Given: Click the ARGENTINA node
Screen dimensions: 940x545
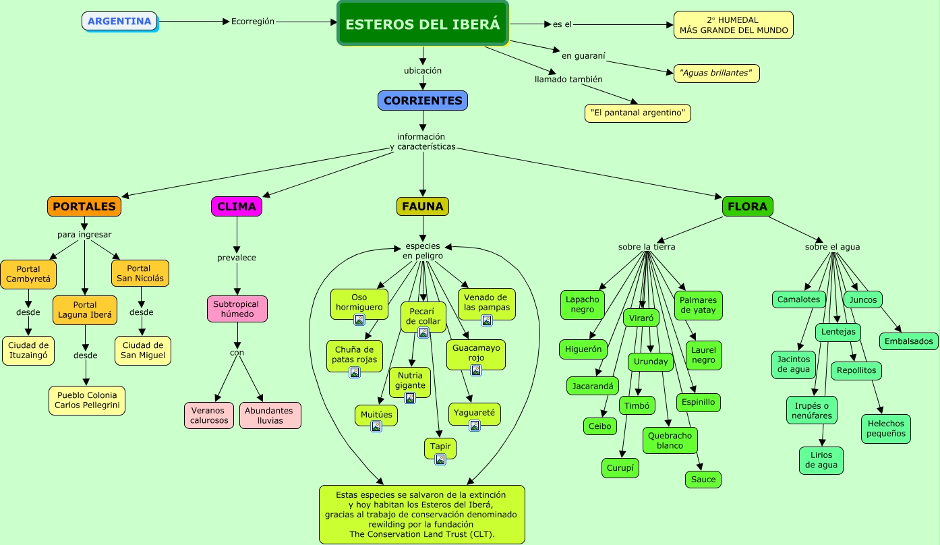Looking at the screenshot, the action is click(x=119, y=21).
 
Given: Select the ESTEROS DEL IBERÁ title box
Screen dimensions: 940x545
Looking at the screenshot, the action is click(x=423, y=24).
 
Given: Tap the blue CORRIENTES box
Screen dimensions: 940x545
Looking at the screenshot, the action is click(x=423, y=101).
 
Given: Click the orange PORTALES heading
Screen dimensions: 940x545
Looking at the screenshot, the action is click(x=84, y=206).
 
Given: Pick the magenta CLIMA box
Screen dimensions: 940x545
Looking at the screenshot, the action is click(x=237, y=206).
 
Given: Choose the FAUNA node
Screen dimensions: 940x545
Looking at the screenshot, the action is click(x=423, y=206).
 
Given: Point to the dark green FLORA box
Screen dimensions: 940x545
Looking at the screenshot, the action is click(x=747, y=206).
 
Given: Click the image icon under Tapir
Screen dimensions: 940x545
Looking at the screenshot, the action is click(x=440, y=459).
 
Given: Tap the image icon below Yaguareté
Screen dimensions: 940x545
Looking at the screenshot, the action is click(x=475, y=426).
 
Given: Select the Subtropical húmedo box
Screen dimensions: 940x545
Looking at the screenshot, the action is click(x=237, y=309).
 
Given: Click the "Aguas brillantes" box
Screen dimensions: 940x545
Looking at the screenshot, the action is click(x=716, y=73).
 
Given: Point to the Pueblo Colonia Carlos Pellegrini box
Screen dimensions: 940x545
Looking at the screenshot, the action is click(x=87, y=401).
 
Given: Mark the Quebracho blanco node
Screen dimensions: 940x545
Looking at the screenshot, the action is click(x=670, y=440).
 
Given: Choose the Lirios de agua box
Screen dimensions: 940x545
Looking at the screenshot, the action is click(x=821, y=460).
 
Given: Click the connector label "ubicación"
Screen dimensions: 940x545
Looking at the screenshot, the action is click(x=423, y=71).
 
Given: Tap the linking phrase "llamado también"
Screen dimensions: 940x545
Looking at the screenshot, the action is click(x=568, y=80).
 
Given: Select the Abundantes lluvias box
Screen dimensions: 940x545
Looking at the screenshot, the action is click(x=270, y=415).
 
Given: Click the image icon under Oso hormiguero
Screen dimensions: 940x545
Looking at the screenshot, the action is click(x=359, y=320).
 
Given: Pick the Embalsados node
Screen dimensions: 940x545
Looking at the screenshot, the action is click(x=908, y=341).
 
